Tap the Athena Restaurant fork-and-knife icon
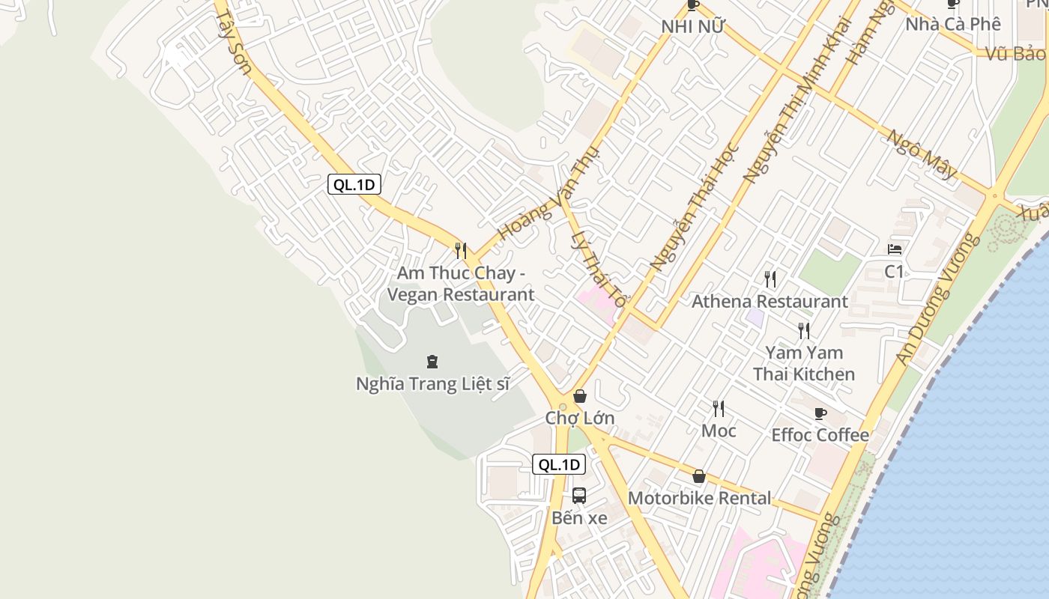click(770, 279)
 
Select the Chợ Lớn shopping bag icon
click(579, 396)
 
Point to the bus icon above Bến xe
click(579, 495)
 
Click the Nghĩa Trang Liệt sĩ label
click(432, 384)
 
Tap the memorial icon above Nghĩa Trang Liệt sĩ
click(432, 362)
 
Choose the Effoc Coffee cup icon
click(820, 413)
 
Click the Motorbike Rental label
click(699, 498)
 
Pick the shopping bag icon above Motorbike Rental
click(699, 476)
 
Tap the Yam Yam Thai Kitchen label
click(804, 363)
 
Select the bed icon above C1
click(895, 249)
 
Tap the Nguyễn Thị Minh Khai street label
click(797, 100)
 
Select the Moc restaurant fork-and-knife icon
click(719, 408)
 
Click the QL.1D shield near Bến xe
click(559, 464)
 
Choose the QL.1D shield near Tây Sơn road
click(354, 185)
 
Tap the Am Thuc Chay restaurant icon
click(461, 250)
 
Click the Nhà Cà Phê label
click(953, 24)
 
